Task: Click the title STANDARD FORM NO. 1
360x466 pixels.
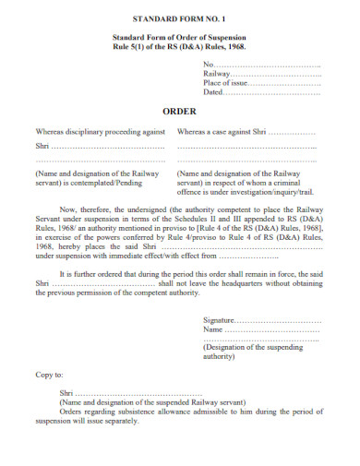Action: [x=180, y=18]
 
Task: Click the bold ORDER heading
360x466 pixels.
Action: [x=180, y=105]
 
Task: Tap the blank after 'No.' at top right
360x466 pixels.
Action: [x=268, y=64]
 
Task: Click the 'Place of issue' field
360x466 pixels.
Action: [x=287, y=83]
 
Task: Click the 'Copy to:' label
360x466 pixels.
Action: [x=50, y=375]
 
